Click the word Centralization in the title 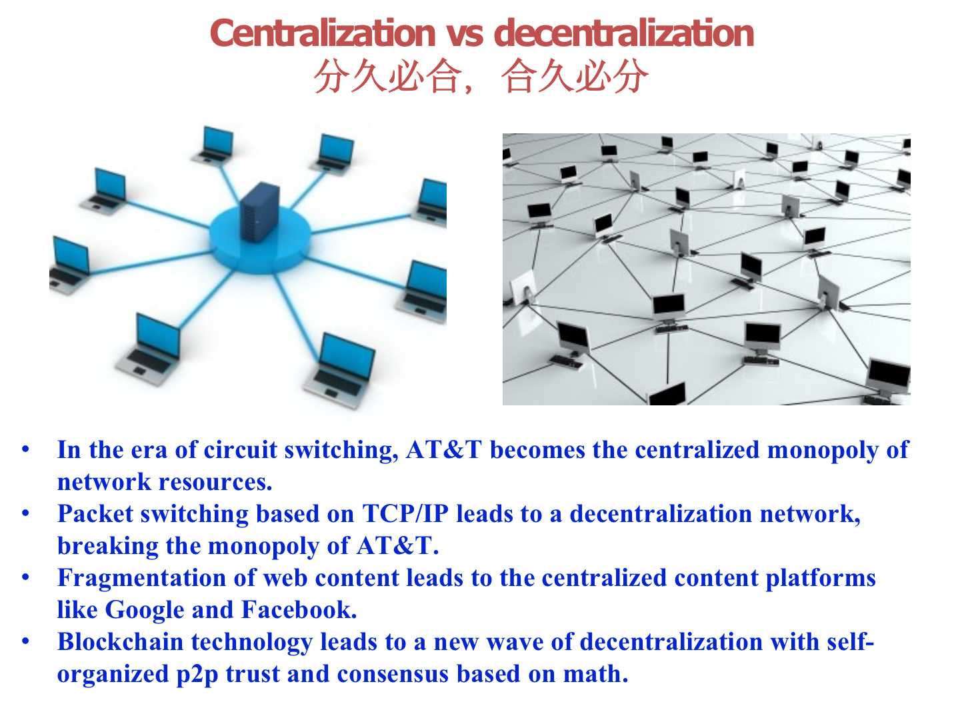[x=323, y=33]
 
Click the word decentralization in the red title [x=624, y=33]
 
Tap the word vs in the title [x=465, y=35]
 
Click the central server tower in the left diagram [x=260, y=212]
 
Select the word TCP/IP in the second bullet [x=405, y=514]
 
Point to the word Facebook [x=299, y=610]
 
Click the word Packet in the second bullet [x=95, y=514]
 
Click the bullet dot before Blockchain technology [x=26, y=642]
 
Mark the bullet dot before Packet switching [x=26, y=513]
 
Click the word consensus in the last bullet [x=393, y=675]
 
